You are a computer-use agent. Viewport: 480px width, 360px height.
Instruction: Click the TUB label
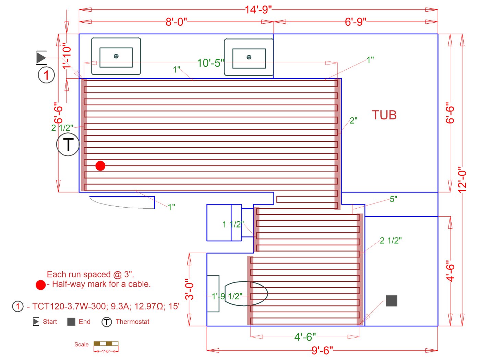[384, 115]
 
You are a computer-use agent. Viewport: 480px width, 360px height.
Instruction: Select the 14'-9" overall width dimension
[258, 10]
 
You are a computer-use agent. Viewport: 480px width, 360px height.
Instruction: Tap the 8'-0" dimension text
[176, 22]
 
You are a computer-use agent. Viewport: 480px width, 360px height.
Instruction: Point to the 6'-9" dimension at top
[356, 22]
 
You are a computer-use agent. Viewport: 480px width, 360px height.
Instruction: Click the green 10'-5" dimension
[211, 63]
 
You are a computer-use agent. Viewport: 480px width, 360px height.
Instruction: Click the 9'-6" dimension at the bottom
[322, 350]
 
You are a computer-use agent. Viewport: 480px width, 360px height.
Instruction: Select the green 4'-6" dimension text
[305, 337]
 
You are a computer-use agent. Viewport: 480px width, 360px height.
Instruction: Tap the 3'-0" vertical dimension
[190, 289]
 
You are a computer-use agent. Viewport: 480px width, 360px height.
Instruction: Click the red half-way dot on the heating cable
[100, 166]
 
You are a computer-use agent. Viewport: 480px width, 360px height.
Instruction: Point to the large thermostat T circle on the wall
[68, 144]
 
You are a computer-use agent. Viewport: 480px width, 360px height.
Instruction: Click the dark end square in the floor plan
[391, 301]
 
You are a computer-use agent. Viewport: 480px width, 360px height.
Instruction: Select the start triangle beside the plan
[41, 57]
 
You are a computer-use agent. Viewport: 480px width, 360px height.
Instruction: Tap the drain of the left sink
[116, 56]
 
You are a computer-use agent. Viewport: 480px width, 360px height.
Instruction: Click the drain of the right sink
[249, 57]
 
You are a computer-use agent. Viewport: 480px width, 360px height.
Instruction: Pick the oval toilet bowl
[246, 293]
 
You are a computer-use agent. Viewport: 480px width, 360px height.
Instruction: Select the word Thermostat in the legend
[132, 322]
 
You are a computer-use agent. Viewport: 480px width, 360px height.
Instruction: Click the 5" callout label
[393, 199]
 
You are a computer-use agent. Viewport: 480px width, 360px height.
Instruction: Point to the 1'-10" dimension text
[67, 56]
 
